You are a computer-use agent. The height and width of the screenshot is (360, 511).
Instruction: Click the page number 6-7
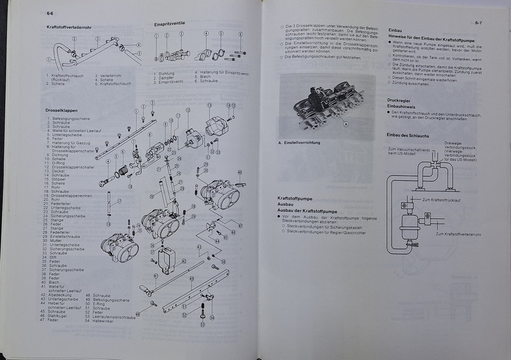[x=478, y=24]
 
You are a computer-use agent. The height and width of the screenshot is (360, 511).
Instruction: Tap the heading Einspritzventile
[x=170, y=24]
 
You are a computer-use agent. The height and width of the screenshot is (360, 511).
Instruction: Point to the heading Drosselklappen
[x=61, y=110]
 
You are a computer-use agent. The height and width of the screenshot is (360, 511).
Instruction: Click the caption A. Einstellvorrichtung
[x=299, y=142]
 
